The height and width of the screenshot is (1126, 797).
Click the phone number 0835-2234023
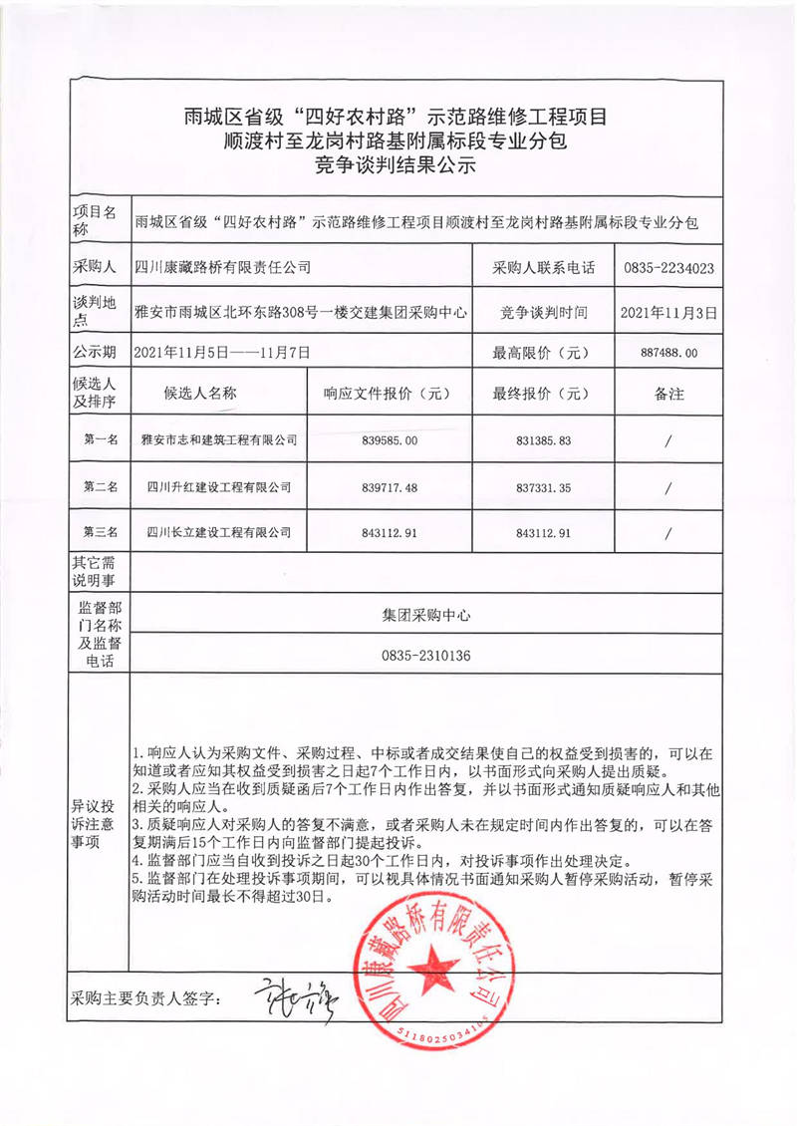[x=668, y=268]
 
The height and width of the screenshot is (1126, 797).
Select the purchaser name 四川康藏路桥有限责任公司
[x=222, y=267]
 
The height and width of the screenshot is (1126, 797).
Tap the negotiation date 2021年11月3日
[x=667, y=313]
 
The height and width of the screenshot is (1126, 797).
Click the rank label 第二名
[x=100, y=487]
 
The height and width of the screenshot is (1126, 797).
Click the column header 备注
[x=668, y=394]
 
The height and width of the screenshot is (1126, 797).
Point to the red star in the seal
[x=437, y=965]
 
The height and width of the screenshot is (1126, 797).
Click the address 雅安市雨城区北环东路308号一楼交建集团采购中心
[x=300, y=313]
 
